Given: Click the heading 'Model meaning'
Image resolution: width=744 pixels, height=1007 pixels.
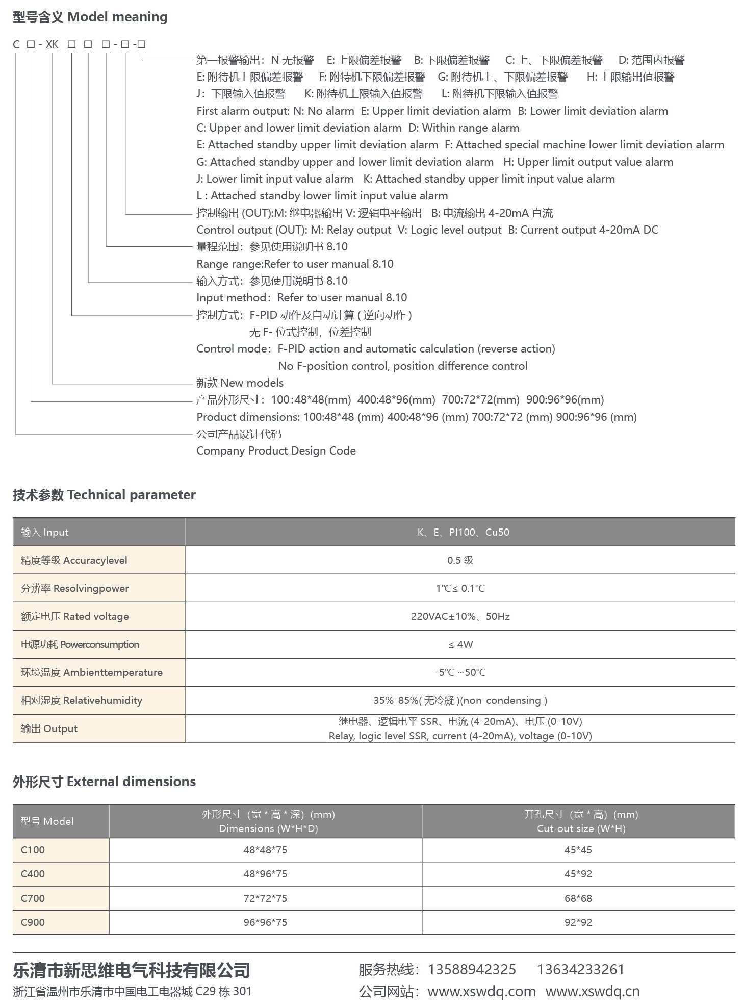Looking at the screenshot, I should [117, 17].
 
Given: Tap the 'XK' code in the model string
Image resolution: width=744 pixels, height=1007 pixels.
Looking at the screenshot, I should [52, 44].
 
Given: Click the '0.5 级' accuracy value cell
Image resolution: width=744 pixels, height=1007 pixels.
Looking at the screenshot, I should [460, 560].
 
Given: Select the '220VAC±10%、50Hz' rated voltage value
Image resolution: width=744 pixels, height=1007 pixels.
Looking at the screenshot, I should [460, 616].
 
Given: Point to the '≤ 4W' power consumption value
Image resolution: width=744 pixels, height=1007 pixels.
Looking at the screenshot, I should [460, 644].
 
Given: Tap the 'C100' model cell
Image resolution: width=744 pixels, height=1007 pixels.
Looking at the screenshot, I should [33, 850].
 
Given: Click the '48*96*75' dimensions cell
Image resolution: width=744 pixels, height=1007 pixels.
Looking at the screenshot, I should [265, 874].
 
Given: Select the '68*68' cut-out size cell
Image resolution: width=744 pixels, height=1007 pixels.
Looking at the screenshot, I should [578, 898].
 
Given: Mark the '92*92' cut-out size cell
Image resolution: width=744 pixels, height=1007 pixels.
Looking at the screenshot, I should [578, 922].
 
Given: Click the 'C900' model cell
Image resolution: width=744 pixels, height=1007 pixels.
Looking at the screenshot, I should [33, 922].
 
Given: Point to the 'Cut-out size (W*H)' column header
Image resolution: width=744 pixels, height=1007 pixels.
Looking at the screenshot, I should [581, 828].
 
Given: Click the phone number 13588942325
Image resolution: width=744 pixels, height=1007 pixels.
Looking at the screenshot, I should [472, 970].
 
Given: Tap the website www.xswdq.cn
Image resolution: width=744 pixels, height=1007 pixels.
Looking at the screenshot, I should [592, 992].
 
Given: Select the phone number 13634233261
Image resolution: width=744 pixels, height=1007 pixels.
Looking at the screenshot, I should [580, 970].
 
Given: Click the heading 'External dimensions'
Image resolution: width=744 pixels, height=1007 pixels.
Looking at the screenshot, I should [131, 782].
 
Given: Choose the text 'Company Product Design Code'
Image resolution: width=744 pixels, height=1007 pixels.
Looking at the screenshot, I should [276, 451].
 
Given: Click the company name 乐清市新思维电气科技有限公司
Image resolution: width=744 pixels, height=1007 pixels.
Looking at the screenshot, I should [132, 970].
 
